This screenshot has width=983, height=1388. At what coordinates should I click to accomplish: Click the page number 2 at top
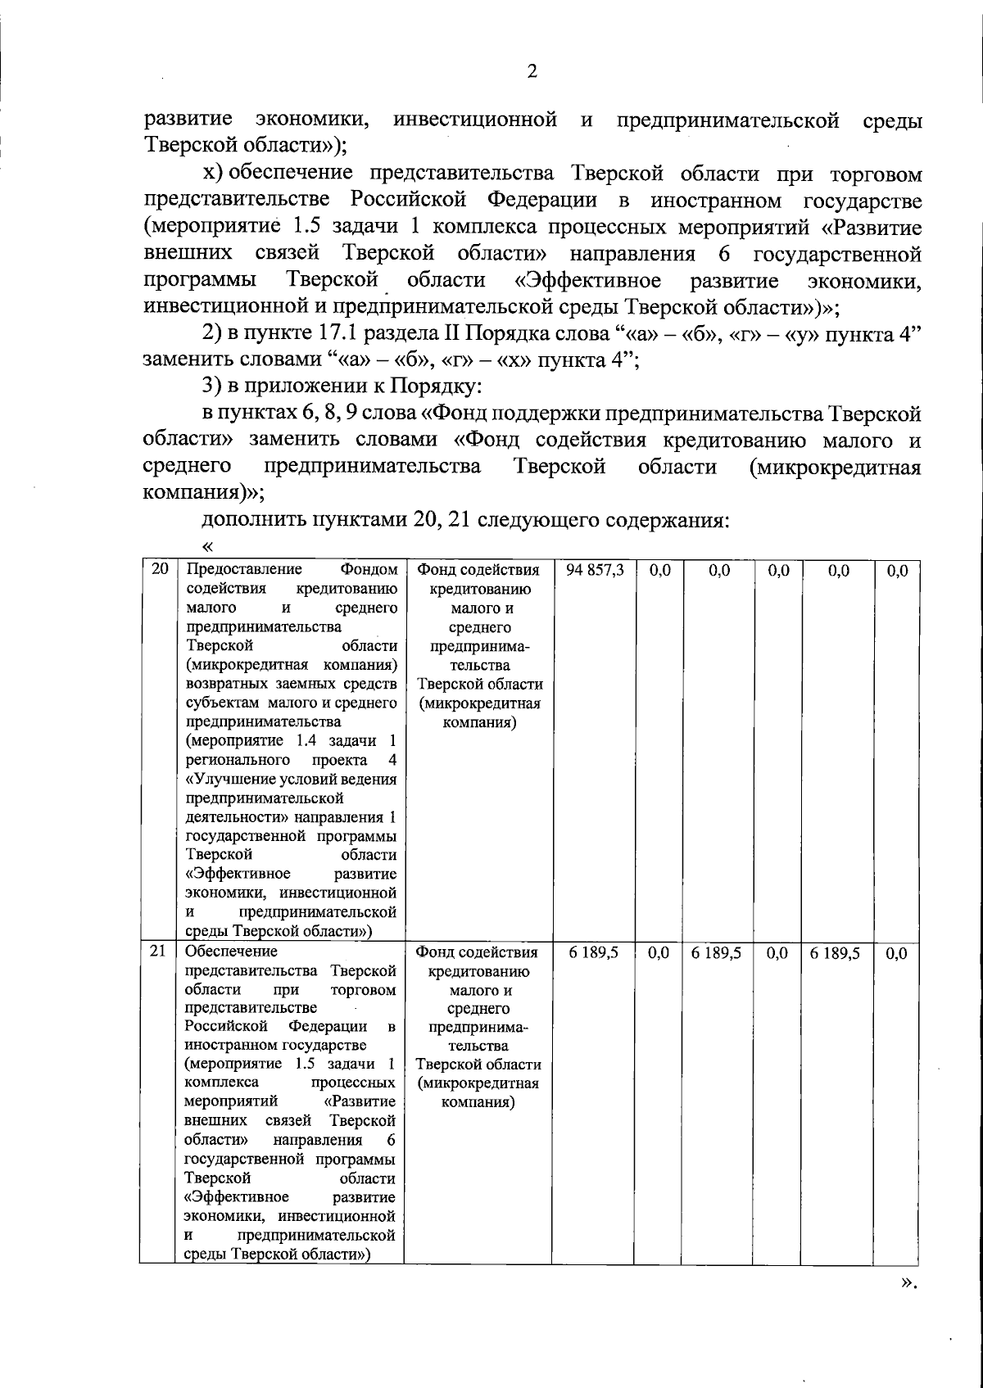pos(532,72)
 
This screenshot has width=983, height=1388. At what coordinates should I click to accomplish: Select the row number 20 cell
pos(160,569)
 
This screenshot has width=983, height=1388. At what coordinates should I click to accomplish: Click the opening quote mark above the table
pos(207,545)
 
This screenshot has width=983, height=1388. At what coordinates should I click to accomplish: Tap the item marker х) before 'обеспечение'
pos(213,174)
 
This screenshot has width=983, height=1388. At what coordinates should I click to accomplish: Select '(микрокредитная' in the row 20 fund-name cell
pos(479,703)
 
